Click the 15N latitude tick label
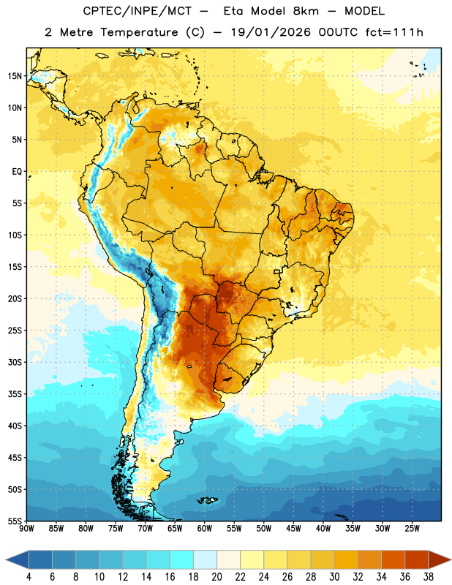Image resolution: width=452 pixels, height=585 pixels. coord(15,76)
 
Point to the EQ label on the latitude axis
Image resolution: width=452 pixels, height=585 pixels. coord(17,172)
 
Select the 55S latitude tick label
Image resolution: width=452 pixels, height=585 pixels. coord(15,521)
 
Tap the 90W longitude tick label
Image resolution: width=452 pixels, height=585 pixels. coord(26,529)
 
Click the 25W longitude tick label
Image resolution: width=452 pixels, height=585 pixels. coord(412,529)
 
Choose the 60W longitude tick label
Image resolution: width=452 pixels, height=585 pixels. coord(205,529)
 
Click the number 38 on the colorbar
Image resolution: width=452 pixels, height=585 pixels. coord(429,577)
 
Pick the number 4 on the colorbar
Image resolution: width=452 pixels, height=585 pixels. coord(29,577)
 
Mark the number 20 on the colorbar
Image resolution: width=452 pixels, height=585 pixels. coord(216,577)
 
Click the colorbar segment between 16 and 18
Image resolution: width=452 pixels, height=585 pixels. coord(181,560)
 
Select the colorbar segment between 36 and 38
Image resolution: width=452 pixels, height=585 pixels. coord(417,560)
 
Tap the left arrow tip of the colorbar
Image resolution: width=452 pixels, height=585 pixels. coord(6,560)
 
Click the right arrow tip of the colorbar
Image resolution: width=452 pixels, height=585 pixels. coord(451,560)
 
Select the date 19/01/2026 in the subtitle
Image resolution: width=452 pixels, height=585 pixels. coord(271,32)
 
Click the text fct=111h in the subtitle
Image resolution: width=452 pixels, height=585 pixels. coord(394,32)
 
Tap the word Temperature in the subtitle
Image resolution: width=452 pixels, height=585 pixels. coord(139,32)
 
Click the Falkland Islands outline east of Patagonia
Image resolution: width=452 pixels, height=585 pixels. coord(207,500)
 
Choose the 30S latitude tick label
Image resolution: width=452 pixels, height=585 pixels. coord(15,362)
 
